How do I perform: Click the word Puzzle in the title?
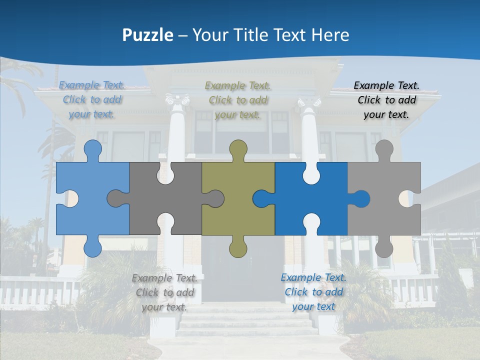pyautogui.click(x=147, y=35)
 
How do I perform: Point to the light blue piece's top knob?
pyautogui.click(x=92, y=148)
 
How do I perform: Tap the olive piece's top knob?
pyautogui.click(x=238, y=148)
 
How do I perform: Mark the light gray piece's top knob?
pyautogui.click(x=384, y=148)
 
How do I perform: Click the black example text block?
pyautogui.click(x=386, y=100)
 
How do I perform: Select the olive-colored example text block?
pyautogui.click(x=237, y=100)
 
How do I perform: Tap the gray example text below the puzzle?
pyautogui.click(x=164, y=292)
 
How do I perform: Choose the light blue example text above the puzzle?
pyautogui.click(x=92, y=100)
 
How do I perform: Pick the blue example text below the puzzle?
pyautogui.click(x=313, y=292)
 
